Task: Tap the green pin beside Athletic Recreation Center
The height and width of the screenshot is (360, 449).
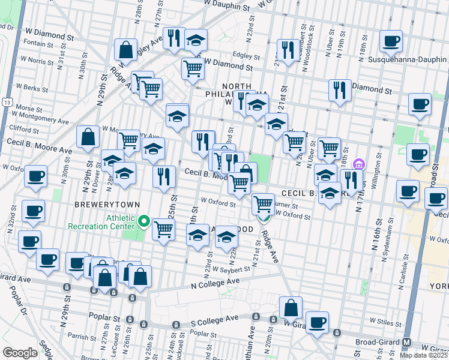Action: tap(143, 223)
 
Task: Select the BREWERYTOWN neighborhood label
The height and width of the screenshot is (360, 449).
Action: tap(99, 205)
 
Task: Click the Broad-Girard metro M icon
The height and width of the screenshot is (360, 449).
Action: tap(407, 342)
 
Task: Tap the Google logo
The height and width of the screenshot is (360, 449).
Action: tap(20, 353)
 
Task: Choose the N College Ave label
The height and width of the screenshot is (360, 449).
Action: tap(215, 283)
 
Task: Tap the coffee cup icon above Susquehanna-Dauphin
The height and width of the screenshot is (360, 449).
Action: tap(391, 41)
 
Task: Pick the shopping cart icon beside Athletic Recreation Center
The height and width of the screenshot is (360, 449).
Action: tap(163, 229)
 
